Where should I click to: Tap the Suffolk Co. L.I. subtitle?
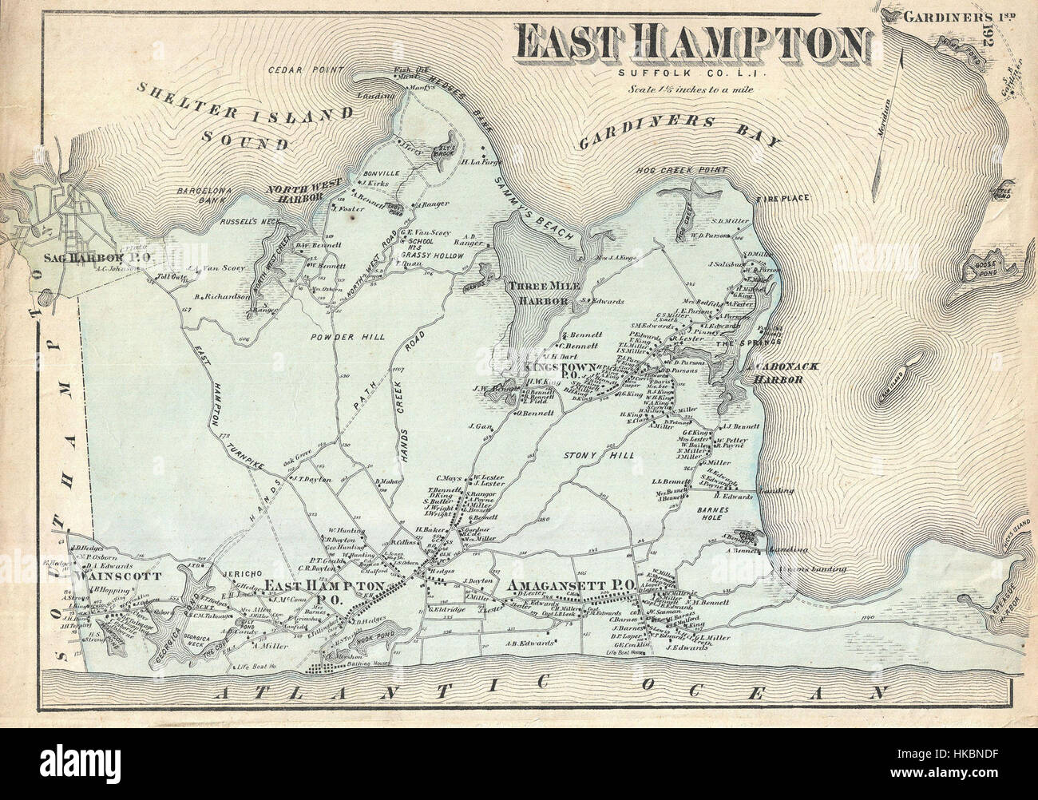pyautogui.click(x=691, y=73)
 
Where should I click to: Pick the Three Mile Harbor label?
pyautogui.click(x=539, y=294)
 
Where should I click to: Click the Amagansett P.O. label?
pyautogui.click(x=570, y=584)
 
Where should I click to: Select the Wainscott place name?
pyautogui.click(x=117, y=575)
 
